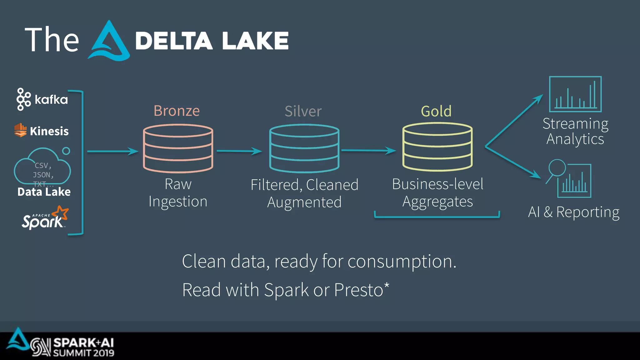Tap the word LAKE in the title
click(255, 41)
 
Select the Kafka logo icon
click(23, 99)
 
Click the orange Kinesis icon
click(21, 130)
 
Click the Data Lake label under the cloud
click(44, 192)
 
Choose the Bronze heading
click(177, 111)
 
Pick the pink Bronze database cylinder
click(178, 148)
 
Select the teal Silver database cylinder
click(304, 148)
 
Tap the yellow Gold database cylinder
click(437, 147)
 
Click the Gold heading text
click(436, 111)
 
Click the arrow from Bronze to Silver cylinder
click(239, 151)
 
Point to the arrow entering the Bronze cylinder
click(112, 152)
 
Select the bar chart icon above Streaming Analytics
click(575, 94)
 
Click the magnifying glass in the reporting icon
click(557, 168)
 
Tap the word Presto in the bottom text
click(359, 290)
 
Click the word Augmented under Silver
click(304, 202)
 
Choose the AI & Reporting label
click(574, 212)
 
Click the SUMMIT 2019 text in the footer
click(83, 353)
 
